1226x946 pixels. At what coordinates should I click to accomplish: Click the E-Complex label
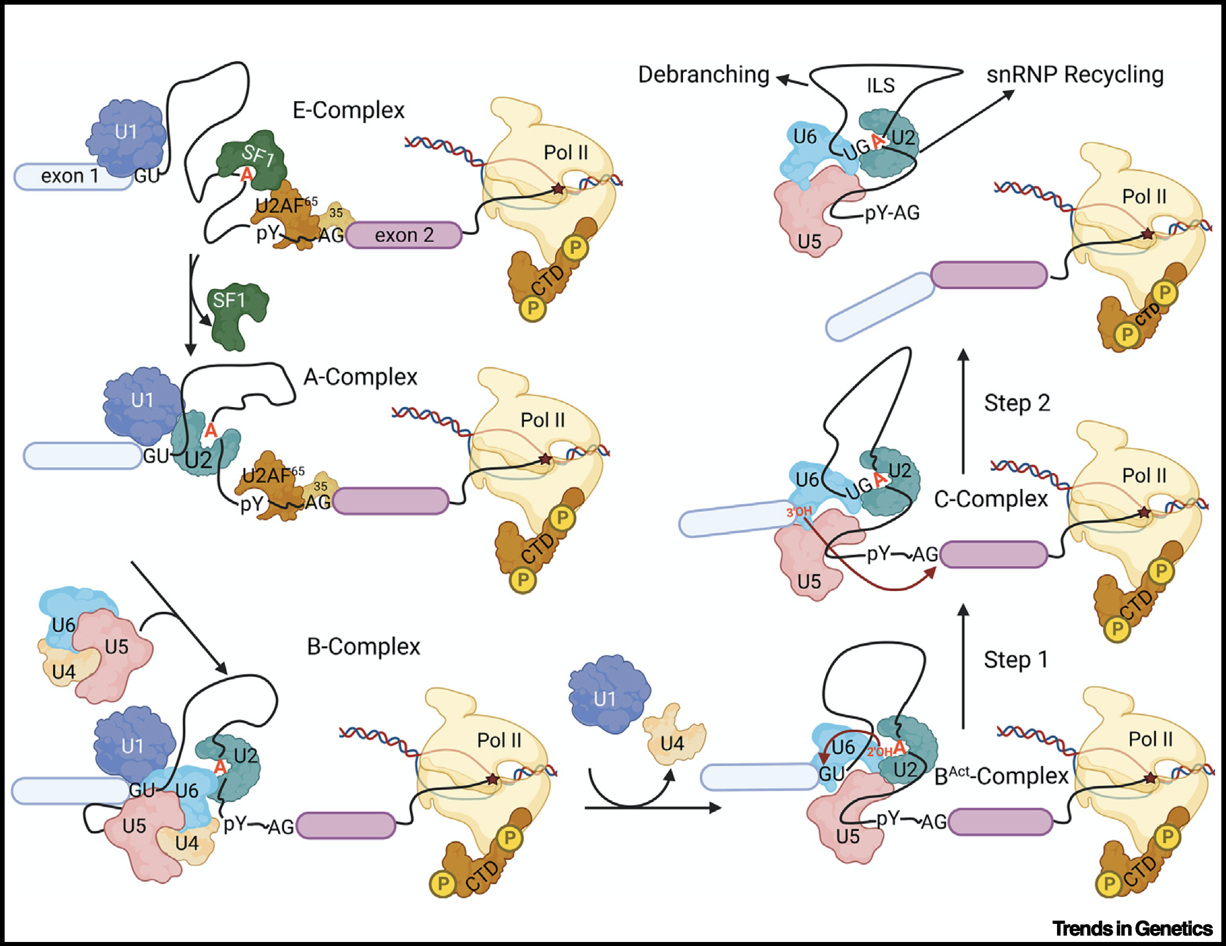pos(348,110)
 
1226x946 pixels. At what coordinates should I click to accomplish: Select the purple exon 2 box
pos(404,235)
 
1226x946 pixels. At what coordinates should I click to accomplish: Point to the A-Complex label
pos(360,377)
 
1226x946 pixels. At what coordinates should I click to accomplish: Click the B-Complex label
pos(363,646)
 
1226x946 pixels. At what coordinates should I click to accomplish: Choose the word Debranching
pos(703,75)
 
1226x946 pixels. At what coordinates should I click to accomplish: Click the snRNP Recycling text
pos(1074,75)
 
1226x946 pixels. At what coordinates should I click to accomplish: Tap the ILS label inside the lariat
pos(880,86)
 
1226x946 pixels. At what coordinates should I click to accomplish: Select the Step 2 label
pos(1017,403)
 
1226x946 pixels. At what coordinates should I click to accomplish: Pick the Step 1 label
pos(1015,660)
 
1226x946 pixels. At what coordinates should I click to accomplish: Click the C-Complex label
pos(991,499)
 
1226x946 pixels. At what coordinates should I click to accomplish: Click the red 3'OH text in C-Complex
pos(799,512)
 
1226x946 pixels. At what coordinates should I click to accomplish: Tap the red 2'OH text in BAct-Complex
pos(879,752)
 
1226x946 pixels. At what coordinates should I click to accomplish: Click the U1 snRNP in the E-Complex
pos(126,136)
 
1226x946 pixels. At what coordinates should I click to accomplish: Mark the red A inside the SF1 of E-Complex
pos(246,173)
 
